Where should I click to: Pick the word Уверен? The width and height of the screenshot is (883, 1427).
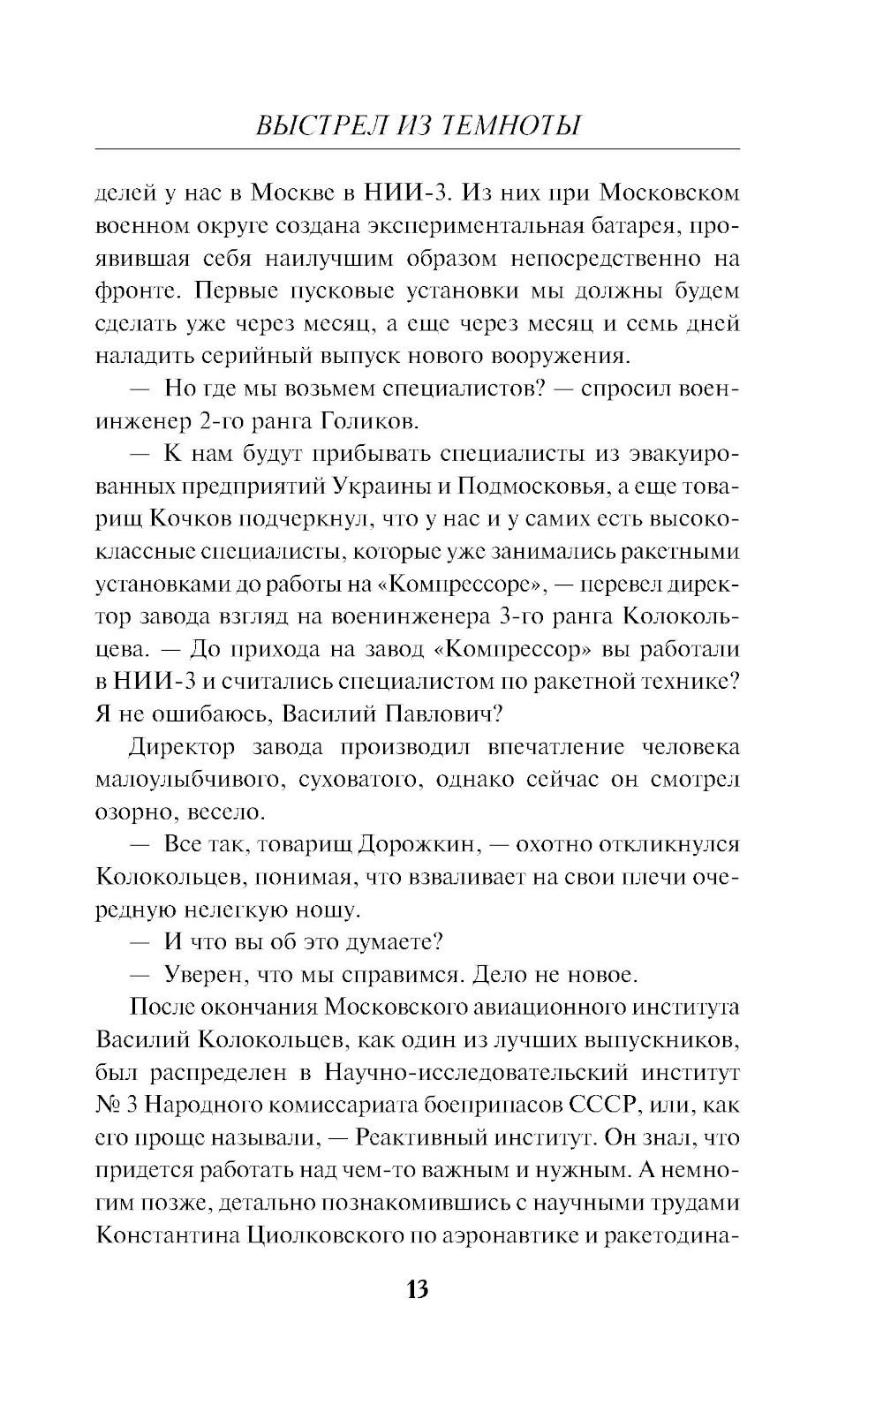click(x=203, y=976)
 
